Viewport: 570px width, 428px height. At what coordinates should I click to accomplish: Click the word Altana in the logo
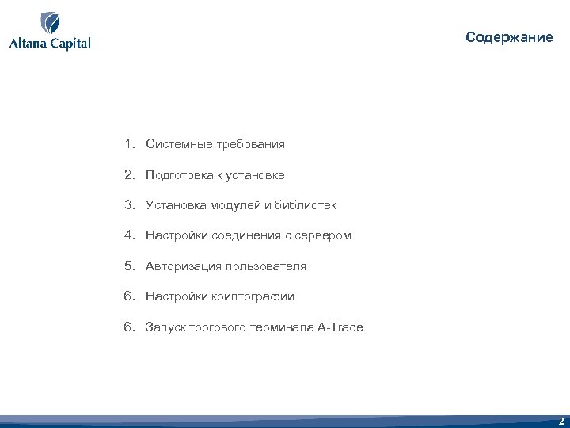click(x=28, y=43)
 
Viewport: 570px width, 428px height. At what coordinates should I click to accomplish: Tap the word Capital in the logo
click(x=70, y=44)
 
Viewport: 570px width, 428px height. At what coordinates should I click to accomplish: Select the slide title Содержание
click(x=509, y=37)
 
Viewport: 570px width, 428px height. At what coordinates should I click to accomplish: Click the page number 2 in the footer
click(x=560, y=422)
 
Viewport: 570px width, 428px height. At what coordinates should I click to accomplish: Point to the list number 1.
click(x=127, y=144)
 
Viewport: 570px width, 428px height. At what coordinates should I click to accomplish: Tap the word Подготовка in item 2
click(x=179, y=175)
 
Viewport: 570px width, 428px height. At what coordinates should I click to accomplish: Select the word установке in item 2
click(x=253, y=175)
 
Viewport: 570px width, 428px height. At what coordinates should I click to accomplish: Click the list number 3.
click(x=127, y=205)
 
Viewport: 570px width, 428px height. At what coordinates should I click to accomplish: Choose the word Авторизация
click(x=184, y=266)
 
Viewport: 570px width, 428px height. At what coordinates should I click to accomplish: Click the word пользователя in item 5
click(x=266, y=266)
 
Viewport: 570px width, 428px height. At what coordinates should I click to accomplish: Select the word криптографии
click(x=253, y=296)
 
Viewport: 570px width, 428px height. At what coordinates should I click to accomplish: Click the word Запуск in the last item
click(x=165, y=327)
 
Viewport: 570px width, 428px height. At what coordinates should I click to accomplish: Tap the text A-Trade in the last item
click(x=340, y=327)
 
